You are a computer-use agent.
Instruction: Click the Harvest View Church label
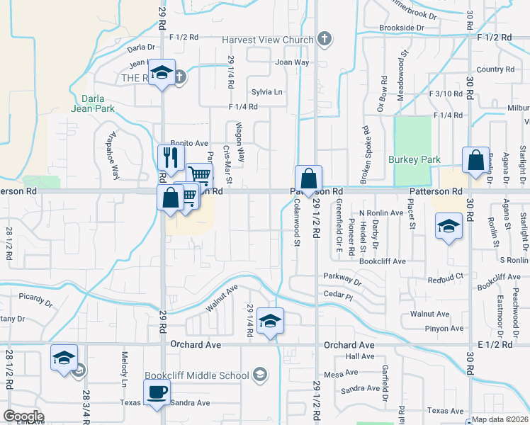[267, 40]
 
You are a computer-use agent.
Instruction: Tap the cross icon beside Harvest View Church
[325, 38]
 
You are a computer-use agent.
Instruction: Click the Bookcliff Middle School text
[197, 375]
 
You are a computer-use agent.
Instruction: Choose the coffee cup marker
[157, 392]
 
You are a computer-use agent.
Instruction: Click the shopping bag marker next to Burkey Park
[475, 160]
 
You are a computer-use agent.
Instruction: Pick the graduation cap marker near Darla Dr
[162, 73]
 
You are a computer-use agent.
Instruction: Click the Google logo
[24, 416]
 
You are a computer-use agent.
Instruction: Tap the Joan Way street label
[292, 62]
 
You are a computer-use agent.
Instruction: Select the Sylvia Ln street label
[266, 92]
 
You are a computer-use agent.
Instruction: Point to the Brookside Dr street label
[401, 28]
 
